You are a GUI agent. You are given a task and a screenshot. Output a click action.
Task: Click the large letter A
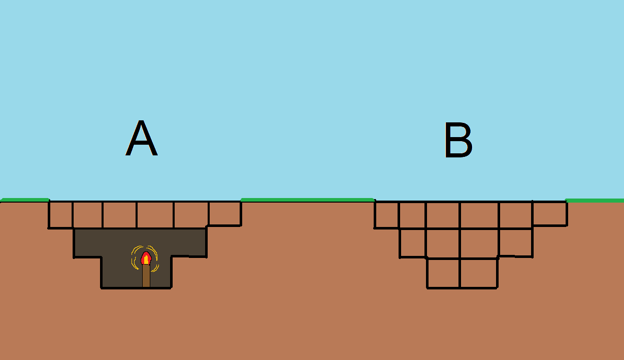[x=141, y=139]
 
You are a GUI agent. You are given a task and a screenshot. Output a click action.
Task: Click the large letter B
[x=458, y=140]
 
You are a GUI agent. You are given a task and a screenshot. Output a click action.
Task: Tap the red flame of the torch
[x=146, y=258]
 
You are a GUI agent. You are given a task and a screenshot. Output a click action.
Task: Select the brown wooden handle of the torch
[x=146, y=276]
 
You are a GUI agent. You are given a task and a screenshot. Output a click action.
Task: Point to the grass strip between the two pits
[x=307, y=200]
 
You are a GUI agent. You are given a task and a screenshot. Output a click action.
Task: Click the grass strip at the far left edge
[x=25, y=200]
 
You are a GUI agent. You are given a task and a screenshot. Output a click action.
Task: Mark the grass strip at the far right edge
[x=595, y=201]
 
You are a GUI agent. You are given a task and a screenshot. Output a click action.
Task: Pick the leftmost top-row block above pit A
[x=60, y=215]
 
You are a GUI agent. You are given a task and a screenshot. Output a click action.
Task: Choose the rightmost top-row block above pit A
[x=224, y=214]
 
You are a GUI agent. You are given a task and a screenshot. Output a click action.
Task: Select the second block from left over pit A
[x=87, y=215]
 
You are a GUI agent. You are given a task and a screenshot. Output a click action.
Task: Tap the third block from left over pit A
[x=119, y=215]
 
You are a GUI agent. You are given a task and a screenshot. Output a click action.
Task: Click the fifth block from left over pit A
[x=191, y=215]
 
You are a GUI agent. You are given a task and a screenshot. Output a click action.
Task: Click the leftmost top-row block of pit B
[x=386, y=215]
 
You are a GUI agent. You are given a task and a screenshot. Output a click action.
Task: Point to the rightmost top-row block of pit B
[x=549, y=214]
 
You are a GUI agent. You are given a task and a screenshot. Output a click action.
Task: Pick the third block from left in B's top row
[x=442, y=215]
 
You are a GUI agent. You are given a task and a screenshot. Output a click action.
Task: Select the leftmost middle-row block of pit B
[x=413, y=243]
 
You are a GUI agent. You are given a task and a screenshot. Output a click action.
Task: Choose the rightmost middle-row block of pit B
[x=515, y=242]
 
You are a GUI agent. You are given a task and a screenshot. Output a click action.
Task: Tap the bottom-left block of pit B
[x=443, y=273]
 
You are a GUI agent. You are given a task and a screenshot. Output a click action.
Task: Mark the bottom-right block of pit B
[x=478, y=273]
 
